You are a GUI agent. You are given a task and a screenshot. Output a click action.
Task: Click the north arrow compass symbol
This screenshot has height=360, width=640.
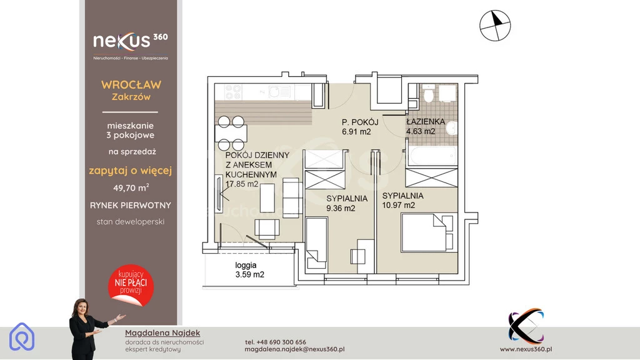point(495,26)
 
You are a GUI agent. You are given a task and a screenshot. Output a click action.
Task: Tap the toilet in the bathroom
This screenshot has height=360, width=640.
point(428,94)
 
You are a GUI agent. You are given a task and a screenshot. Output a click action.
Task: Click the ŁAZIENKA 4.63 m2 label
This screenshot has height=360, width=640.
point(425,126)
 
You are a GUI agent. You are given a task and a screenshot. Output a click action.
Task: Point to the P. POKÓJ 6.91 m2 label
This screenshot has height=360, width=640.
point(359,127)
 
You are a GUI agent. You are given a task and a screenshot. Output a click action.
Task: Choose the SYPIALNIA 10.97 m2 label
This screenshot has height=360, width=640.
point(402,201)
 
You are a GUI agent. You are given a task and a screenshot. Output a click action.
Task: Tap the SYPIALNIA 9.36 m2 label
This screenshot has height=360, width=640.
point(346,203)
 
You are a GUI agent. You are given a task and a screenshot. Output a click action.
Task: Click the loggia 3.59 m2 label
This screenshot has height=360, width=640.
point(249,270)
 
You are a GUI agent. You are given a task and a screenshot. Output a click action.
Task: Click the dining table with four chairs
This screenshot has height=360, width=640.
point(231,133)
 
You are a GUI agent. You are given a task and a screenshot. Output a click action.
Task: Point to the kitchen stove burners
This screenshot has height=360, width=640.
point(232,92)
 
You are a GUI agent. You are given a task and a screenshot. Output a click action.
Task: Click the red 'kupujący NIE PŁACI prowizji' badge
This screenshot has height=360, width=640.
point(131,285)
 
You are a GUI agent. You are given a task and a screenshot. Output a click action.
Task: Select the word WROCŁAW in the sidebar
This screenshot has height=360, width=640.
point(131,85)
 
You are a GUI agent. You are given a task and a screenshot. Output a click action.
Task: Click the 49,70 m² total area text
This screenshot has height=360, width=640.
point(131,188)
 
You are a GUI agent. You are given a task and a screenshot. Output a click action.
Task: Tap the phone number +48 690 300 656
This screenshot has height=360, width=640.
point(275,342)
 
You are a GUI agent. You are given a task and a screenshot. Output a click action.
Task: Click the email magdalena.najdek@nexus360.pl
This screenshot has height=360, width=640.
point(294,349)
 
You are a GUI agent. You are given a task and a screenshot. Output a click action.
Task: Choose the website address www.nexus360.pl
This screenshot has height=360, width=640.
point(526,349)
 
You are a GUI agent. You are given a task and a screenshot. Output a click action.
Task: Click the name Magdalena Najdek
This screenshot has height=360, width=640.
point(162,333)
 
